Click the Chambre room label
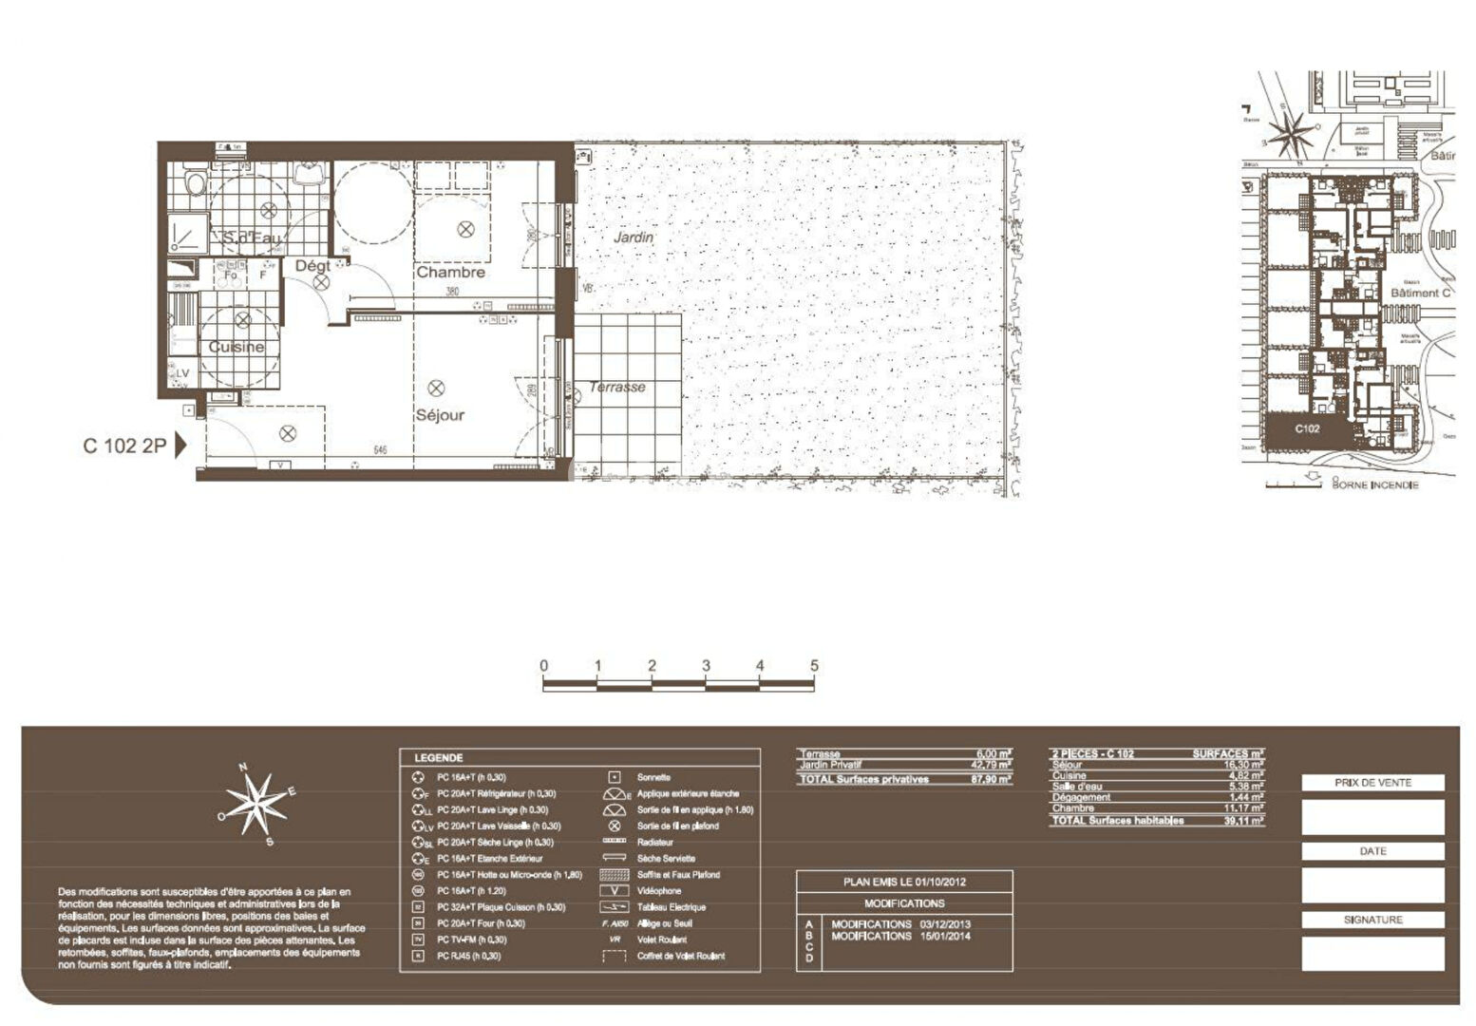[x=450, y=273]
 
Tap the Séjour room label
[x=440, y=415]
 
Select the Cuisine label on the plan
[x=237, y=347]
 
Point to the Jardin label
[x=633, y=237]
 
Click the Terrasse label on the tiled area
[x=616, y=387]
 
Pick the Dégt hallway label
[x=312, y=266]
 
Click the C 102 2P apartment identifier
[x=124, y=446]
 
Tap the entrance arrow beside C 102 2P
[x=180, y=446]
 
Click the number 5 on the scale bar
[x=814, y=666]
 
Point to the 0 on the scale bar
[x=543, y=666]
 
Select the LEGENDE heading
[x=439, y=758]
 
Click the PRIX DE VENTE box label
[x=1372, y=783]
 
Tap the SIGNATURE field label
[x=1372, y=920]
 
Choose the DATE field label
[x=1372, y=851]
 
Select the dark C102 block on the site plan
[x=1307, y=428]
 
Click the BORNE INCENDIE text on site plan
[x=1374, y=484]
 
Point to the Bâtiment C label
[x=1420, y=294]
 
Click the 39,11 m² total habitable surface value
[x=1243, y=821]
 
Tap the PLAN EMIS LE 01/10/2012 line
[x=904, y=882]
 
